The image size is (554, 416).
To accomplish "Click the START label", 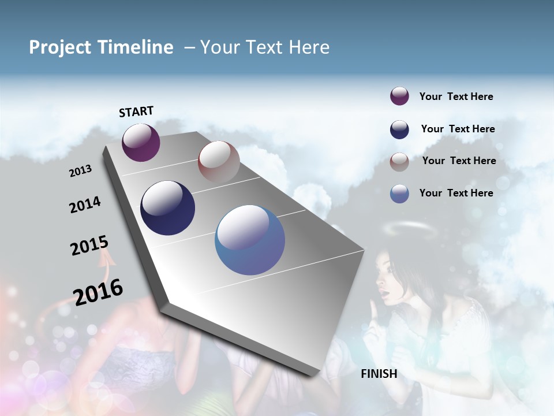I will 137,112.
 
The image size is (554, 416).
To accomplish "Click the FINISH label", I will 379,374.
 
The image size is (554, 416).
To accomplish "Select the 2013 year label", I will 80,171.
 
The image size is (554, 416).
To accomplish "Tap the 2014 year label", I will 85,205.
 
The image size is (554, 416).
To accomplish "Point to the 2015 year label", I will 89,246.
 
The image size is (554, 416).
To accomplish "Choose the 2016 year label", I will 98,292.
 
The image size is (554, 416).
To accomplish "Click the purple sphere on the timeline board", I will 141,142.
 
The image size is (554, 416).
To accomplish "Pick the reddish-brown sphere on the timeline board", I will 219,162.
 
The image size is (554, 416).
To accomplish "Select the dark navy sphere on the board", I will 167,208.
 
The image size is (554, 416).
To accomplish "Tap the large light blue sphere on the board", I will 250,240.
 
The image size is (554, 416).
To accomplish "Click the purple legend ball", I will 399,96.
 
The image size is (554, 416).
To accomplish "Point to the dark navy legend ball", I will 399,129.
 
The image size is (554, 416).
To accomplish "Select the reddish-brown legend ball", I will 399,162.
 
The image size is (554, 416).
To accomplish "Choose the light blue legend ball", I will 399,194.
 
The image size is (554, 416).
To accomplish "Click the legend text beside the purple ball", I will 456,96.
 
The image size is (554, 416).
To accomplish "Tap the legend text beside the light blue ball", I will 456,193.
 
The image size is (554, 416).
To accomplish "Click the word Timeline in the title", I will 137,47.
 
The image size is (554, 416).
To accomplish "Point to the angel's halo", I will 408,229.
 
